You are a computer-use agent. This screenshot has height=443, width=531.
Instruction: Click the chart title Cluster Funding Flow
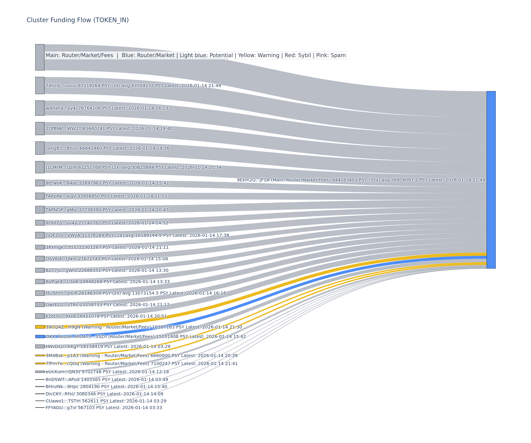point(77,20)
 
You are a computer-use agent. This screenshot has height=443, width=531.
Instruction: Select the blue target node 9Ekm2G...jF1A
point(491,180)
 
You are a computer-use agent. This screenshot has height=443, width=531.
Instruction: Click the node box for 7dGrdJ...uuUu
point(40,85)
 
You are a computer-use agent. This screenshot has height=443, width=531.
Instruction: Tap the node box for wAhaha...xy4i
point(40,108)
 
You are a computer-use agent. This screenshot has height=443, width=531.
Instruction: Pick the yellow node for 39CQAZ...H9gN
point(40,327)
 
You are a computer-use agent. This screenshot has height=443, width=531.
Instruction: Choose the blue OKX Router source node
point(40,336)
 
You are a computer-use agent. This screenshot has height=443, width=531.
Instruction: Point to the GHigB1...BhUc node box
point(40,148)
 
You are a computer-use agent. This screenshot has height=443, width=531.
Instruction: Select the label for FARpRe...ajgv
point(106,196)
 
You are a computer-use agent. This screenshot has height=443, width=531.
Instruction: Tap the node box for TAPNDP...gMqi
point(40,210)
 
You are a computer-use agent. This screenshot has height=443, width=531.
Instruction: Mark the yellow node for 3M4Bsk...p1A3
point(40,356)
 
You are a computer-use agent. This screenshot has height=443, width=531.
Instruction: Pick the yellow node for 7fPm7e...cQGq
point(40,363)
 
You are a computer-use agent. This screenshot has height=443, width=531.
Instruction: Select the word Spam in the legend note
point(338,55)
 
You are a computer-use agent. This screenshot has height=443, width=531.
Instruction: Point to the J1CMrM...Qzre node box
point(40,167)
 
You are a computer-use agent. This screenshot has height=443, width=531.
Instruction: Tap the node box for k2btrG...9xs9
point(40,316)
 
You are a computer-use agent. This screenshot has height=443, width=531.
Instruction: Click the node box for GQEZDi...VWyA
point(40,235)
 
